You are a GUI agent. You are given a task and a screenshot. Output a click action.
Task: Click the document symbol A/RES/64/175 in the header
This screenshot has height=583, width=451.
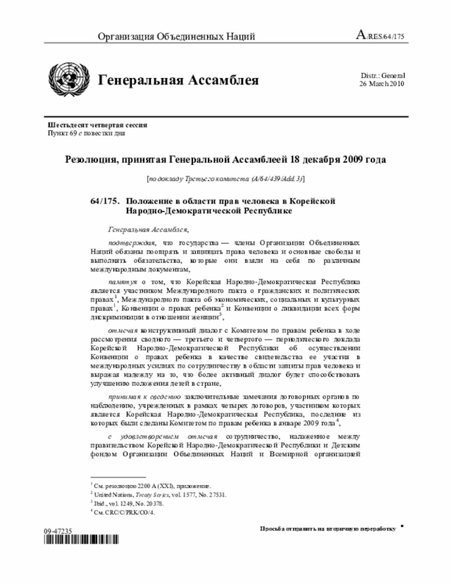381,36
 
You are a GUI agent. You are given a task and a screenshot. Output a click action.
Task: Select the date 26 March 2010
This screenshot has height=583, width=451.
382,83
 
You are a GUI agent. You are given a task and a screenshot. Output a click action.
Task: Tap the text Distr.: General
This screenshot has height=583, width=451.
383,75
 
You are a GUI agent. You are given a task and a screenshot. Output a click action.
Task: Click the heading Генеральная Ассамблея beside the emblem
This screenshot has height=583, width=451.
178,80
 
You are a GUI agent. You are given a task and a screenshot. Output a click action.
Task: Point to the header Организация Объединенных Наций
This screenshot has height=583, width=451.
176,37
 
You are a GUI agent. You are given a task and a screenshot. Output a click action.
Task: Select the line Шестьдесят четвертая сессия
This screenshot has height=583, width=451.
97,125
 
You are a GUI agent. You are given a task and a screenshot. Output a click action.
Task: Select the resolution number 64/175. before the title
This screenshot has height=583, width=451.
105,201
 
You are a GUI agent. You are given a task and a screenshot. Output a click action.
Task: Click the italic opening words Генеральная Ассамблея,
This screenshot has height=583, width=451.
149,230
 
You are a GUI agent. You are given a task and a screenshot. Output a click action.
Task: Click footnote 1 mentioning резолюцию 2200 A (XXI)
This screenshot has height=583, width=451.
151,486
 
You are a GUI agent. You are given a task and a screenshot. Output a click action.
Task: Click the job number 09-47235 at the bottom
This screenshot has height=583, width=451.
57,529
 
